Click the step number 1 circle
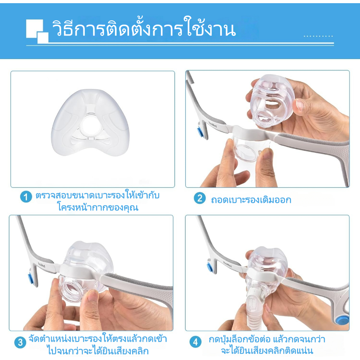[26, 197]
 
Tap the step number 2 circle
[200, 198]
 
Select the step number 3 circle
[20, 342]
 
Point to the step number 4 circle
[195, 342]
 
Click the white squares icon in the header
[37, 31]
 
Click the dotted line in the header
[318, 36]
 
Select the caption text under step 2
[251, 200]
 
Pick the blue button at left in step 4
[210, 267]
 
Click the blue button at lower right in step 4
[342, 320]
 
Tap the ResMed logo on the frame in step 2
[213, 125]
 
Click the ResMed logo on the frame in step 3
[41, 265]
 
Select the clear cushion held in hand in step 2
[272, 101]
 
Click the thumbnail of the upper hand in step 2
[300, 105]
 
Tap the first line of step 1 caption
[97, 195]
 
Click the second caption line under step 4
[267, 351]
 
